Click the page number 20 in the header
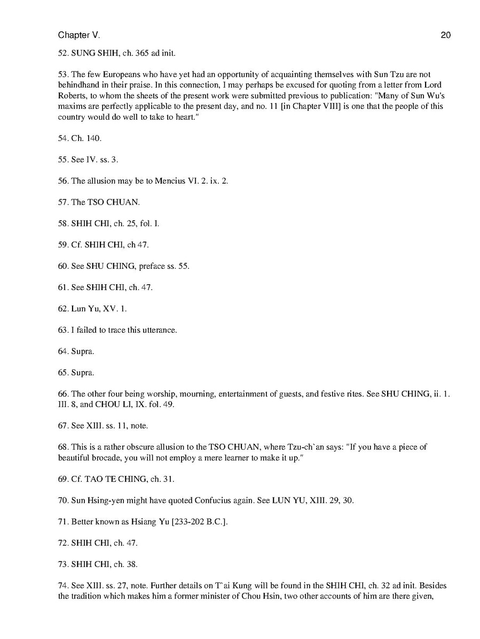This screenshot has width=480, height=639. tap(446, 35)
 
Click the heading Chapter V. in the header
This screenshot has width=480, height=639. tap(78, 35)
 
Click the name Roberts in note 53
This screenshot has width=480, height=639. tap(72, 96)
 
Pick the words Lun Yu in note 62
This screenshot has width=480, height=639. tap(82, 309)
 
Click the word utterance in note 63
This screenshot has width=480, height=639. tap(159, 330)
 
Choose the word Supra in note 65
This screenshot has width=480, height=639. tap(82, 372)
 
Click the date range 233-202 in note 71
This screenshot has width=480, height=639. tap(190, 522)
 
